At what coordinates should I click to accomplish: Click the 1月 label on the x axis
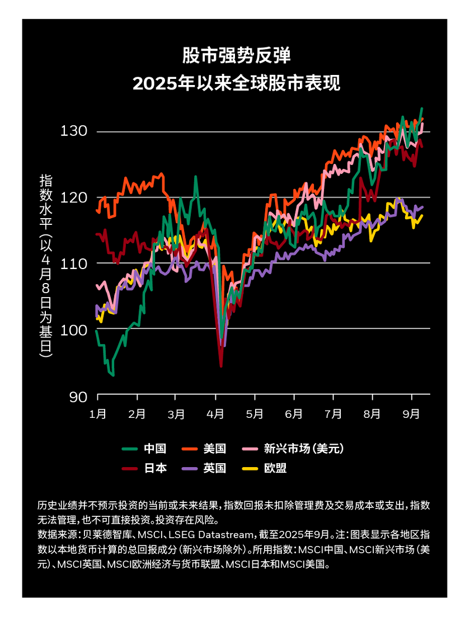point(98,415)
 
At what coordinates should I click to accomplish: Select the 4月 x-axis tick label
point(215,415)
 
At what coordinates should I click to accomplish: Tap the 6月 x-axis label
point(294,415)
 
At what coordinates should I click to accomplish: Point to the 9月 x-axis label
point(412,415)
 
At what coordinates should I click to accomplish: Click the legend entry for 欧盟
point(275,469)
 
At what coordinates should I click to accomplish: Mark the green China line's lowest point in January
point(113,375)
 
